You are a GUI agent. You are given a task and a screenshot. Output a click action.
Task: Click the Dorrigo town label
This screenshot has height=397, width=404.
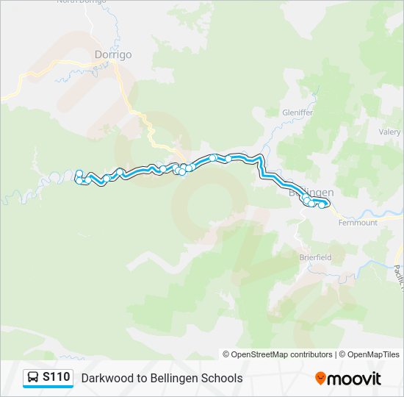pyautogui.click(x=112, y=54)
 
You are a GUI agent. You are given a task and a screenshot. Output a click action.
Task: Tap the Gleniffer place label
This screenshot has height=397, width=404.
pyautogui.click(x=297, y=112)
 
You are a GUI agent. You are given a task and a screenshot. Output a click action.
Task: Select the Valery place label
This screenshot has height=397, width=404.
pyautogui.click(x=389, y=132)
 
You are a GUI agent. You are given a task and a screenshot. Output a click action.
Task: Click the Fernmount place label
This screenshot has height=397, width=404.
pyautogui.click(x=359, y=222)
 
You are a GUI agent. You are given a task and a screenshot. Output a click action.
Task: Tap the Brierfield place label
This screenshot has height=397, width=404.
pyautogui.click(x=315, y=257)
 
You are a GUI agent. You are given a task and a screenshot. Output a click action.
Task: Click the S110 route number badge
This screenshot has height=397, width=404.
pyautogui.click(x=57, y=377)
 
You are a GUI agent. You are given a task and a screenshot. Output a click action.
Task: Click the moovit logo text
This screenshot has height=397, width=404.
pyautogui.click(x=355, y=379)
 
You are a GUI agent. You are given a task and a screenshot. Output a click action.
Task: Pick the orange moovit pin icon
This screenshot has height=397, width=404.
pyautogui.click(x=320, y=379)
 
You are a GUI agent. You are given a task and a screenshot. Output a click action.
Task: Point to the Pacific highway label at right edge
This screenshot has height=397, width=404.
pyautogui.click(x=397, y=276)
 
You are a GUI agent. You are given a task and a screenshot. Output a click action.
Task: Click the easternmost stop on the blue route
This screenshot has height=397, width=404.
pyautogui.click(x=322, y=205)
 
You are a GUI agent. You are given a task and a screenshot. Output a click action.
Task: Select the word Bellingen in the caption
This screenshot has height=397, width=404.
pyautogui.click(x=176, y=378)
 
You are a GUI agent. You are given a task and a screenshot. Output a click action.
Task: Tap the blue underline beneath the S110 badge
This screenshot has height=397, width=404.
pyautogui.click(x=48, y=387)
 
